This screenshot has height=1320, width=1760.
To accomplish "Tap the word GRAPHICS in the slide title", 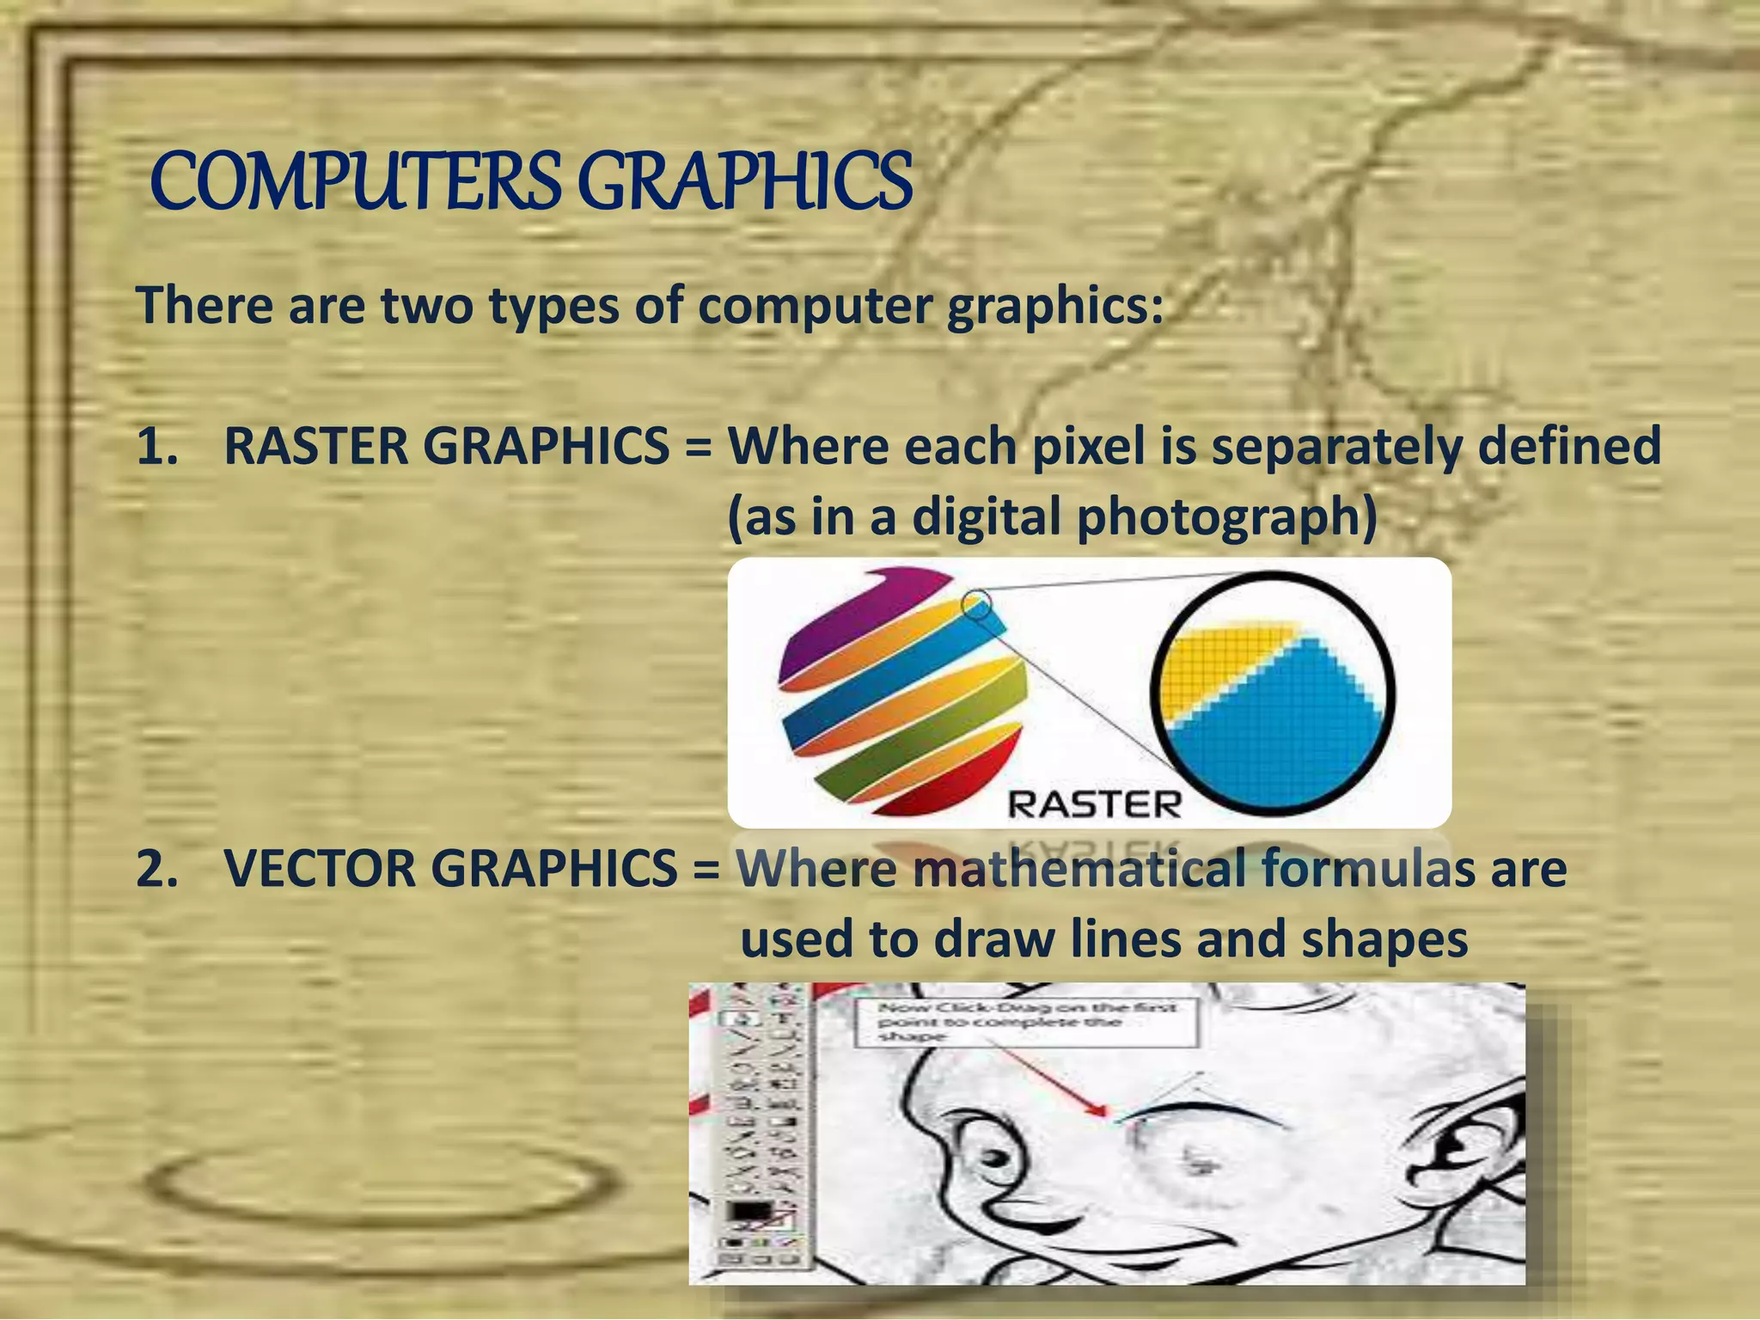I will pyautogui.click(x=744, y=181).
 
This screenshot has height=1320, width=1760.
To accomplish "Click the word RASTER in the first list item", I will pyautogui.click(x=316, y=447).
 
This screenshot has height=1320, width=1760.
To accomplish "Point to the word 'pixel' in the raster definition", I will pyautogui.click(x=1089, y=447).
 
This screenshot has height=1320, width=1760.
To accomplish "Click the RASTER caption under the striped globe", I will pyautogui.click(x=1094, y=805).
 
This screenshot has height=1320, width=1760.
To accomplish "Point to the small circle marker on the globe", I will pyautogui.click(x=977, y=603).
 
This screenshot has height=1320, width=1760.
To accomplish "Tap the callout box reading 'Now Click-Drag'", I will pyautogui.click(x=1026, y=1022).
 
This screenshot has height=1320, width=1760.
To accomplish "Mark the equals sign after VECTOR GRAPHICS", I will pyautogui.click(x=706, y=870).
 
